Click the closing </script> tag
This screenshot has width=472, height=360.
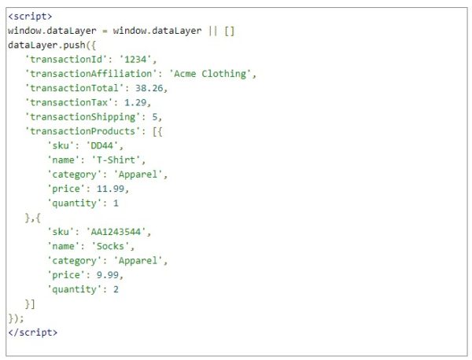pos(32,332)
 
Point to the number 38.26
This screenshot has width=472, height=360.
pos(151,87)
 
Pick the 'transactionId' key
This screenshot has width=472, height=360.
pos(66,59)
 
